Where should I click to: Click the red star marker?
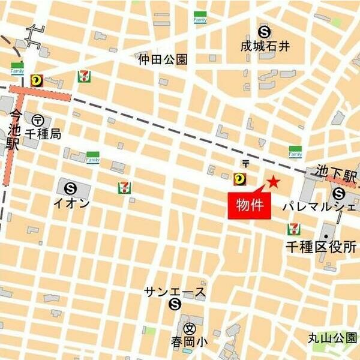click(274, 181)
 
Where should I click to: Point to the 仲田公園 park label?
click(163, 59)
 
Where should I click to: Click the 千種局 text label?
click(44, 135)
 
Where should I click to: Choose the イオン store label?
click(72, 203)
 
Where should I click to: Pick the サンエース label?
click(175, 292)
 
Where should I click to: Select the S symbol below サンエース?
click(175, 305)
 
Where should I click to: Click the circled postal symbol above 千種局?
click(38, 120)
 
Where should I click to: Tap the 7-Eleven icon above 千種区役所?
click(293, 229)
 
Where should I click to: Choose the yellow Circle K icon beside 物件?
click(240, 177)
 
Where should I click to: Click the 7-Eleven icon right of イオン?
click(124, 188)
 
